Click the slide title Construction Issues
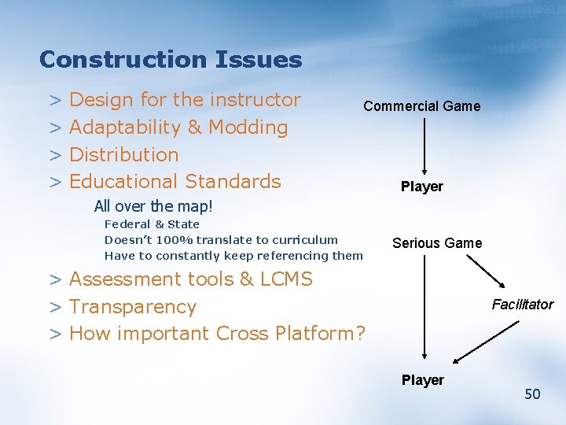pos(170,60)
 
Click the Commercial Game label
pos(421,106)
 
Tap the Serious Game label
pos(437,243)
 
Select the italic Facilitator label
pos(523,305)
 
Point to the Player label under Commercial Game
pos(422,187)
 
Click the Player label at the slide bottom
pos(423,380)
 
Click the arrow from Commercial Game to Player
pos(424,146)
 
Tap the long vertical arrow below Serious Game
pos(424,307)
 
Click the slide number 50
pos(532,394)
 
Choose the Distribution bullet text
pos(124,154)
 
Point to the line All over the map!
pos(153,207)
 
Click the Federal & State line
pos(152,224)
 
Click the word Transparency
pos(133,307)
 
